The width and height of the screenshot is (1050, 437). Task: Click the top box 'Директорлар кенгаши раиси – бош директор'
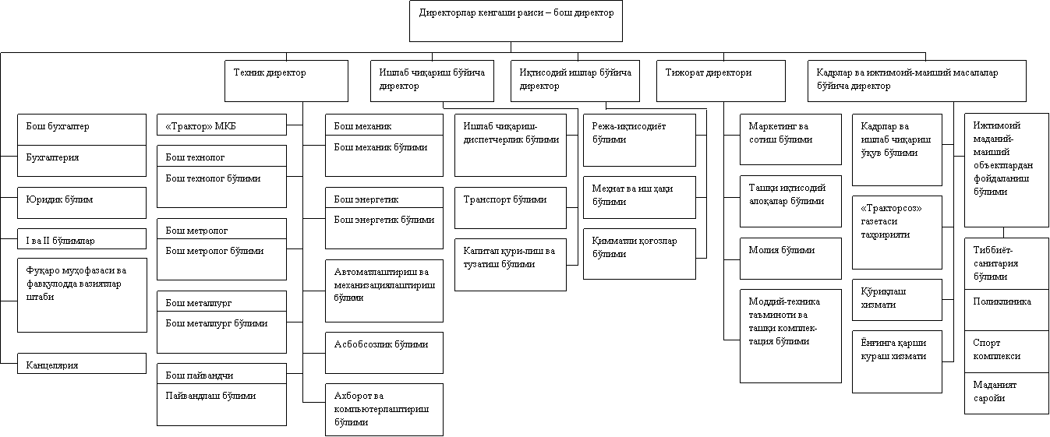pos(516,21)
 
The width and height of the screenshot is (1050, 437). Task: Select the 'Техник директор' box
pos(286,81)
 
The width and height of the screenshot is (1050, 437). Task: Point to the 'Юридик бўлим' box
pos(82,203)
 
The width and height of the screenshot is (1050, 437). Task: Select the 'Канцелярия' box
pos(82,364)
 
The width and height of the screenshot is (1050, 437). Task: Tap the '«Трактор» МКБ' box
pos(221,125)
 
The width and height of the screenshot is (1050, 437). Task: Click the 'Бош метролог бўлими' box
pos(221,258)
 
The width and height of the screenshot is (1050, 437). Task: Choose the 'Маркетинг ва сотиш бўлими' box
pos(790,139)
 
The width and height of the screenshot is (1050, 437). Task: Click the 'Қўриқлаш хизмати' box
pos(897,299)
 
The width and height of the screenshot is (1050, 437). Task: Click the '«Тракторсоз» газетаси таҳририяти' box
pos(897,232)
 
